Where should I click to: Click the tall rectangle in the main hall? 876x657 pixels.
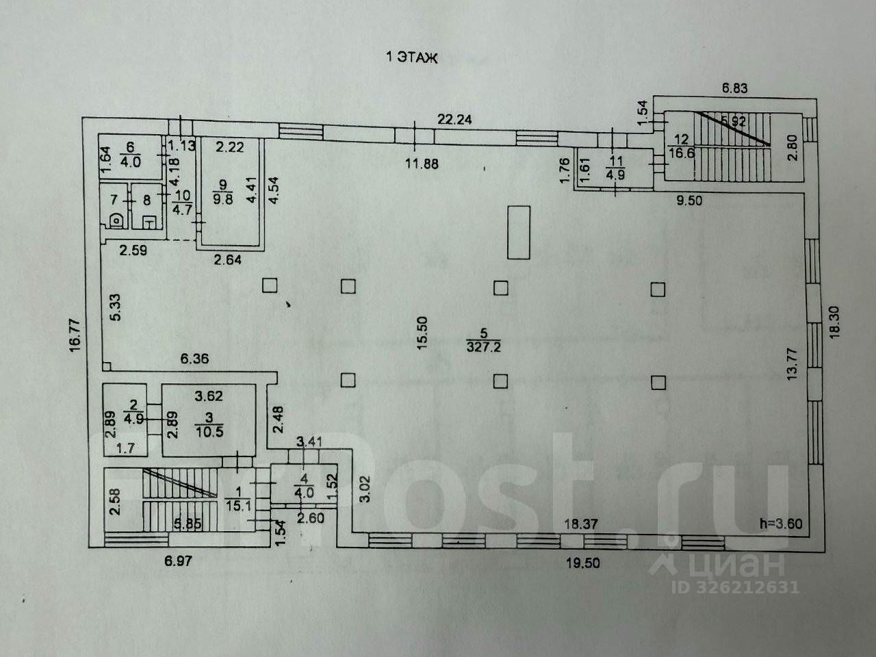click(x=519, y=233)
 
